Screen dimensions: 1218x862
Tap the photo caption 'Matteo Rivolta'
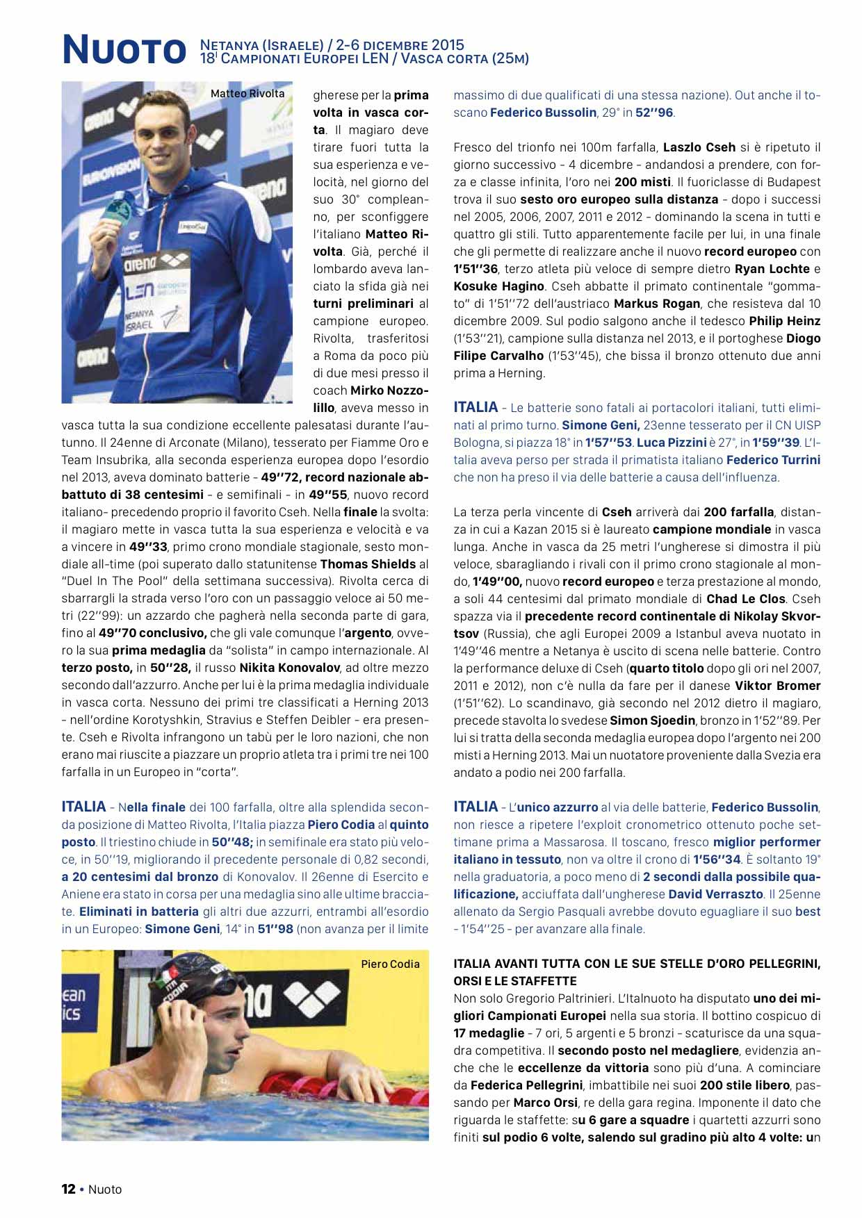pyautogui.click(x=247, y=94)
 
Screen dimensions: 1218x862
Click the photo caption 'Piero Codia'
pyautogui.click(x=390, y=964)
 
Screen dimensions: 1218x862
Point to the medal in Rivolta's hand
pyautogui.click(x=110, y=209)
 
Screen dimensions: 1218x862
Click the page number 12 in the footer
pyautogui.click(x=68, y=1189)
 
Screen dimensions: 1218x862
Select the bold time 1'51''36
pyautogui.click(x=475, y=269)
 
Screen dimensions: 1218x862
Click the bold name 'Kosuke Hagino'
pyautogui.click(x=498, y=286)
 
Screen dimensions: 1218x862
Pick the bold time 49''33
pyautogui.click(x=148, y=547)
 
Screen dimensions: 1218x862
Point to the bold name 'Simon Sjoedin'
pyautogui.click(x=651, y=721)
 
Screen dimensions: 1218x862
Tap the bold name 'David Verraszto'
pyautogui.click(x=719, y=894)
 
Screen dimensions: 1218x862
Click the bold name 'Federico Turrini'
pyautogui.click(x=773, y=460)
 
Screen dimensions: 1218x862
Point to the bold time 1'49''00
pyautogui.click(x=497, y=582)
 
